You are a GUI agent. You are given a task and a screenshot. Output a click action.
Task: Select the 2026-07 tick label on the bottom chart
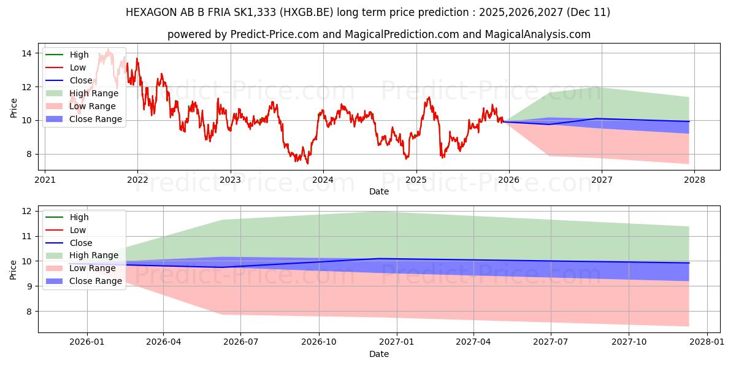point(240,342)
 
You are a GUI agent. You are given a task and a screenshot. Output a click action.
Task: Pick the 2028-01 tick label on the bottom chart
point(707,342)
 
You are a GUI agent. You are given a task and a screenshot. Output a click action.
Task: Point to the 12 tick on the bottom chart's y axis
point(28,211)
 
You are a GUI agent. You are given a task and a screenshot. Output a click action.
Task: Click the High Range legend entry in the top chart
point(94,93)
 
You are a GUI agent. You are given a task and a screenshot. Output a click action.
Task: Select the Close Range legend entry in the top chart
point(95,119)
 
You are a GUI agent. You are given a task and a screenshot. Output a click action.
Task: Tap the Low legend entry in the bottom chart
point(78,230)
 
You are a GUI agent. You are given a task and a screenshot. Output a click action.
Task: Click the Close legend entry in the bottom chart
point(81,243)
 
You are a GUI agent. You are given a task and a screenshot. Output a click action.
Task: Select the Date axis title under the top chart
point(378,191)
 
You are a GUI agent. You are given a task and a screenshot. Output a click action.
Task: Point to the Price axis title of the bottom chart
point(13,269)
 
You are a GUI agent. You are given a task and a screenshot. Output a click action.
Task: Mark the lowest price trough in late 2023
point(307,163)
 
